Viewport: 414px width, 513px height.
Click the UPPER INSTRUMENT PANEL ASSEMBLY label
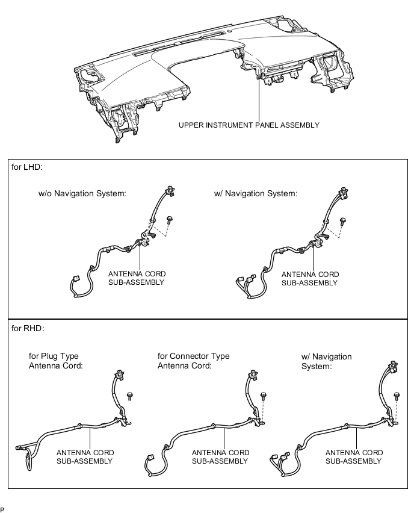[249, 125]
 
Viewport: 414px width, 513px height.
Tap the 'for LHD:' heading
[27, 167]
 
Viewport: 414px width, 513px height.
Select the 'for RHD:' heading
[28, 328]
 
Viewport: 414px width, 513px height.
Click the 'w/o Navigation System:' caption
[82, 194]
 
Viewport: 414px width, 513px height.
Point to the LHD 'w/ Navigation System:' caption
[256, 194]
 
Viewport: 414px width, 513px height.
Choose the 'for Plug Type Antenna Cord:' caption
[55, 361]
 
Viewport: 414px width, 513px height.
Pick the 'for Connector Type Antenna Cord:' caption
[193, 361]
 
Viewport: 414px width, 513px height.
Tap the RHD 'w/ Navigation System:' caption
[326, 361]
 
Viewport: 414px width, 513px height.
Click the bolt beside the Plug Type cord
[130, 396]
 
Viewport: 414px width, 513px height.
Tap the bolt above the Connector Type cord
[263, 397]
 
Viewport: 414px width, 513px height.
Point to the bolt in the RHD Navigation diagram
[397, 397]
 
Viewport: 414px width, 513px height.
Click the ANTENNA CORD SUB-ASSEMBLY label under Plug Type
[85, 457]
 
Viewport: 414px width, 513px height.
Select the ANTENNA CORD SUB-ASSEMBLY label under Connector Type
[220, 457]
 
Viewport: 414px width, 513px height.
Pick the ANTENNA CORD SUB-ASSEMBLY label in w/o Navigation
[137, 278]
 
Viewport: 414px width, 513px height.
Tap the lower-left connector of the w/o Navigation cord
[75, 281]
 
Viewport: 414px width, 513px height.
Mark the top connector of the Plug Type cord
[119, 375]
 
